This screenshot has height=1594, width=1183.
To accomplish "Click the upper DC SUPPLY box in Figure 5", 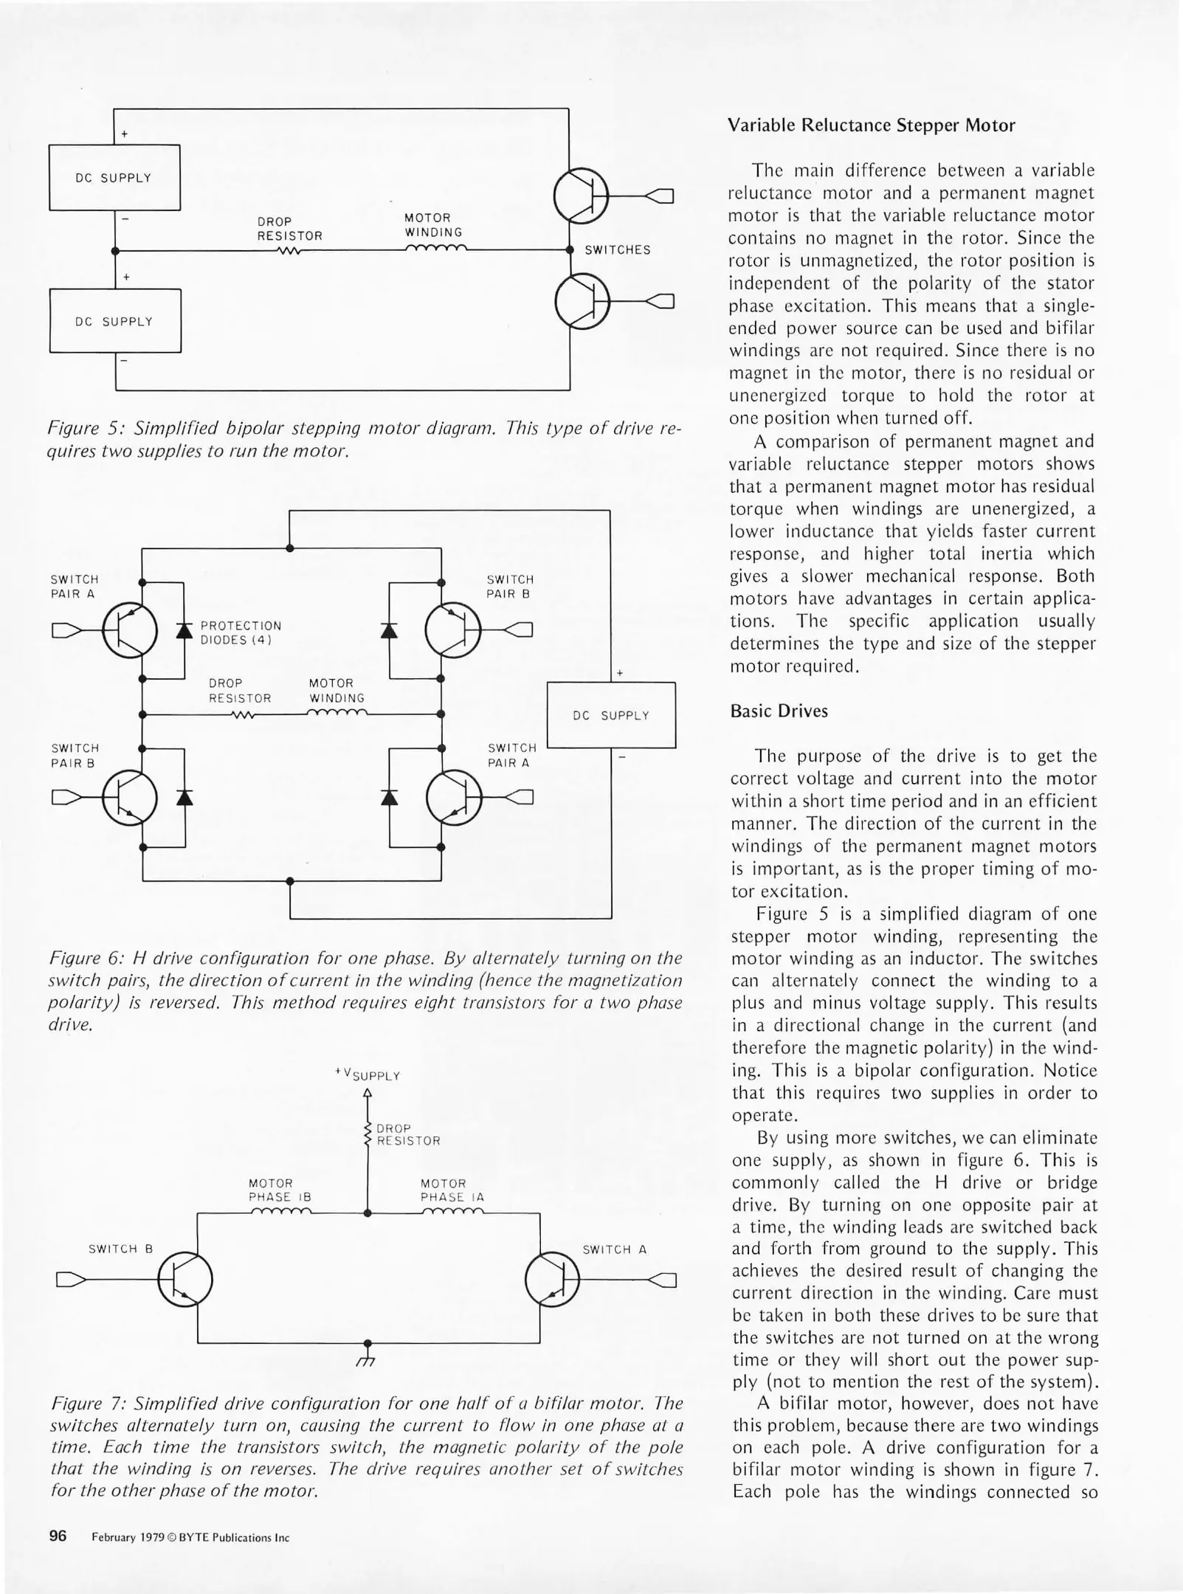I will tap(114, 178).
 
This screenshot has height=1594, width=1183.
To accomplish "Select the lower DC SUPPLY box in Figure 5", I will tap(115, 321).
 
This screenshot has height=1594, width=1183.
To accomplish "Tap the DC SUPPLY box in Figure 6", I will tap(611, 715).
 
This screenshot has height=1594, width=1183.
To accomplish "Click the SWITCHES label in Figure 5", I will tap(618, 250).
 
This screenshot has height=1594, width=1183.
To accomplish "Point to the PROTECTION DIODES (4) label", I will tap(241, 632).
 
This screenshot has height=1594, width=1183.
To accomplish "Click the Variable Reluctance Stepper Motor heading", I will tap(871, 125).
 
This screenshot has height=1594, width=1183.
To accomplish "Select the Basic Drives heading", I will tap(779, 711).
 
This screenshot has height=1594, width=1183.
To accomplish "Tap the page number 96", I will tap(58, 1536).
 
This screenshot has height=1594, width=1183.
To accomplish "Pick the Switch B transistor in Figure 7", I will tap(185, 1280).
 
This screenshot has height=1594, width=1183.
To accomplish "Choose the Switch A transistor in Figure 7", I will tap(553, 1280).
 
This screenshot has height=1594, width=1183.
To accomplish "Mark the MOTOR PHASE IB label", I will tap(280, 1190).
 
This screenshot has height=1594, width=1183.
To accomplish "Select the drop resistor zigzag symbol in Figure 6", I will tap(243, 714).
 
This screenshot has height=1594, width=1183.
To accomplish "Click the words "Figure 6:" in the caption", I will tap(86, 958).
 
